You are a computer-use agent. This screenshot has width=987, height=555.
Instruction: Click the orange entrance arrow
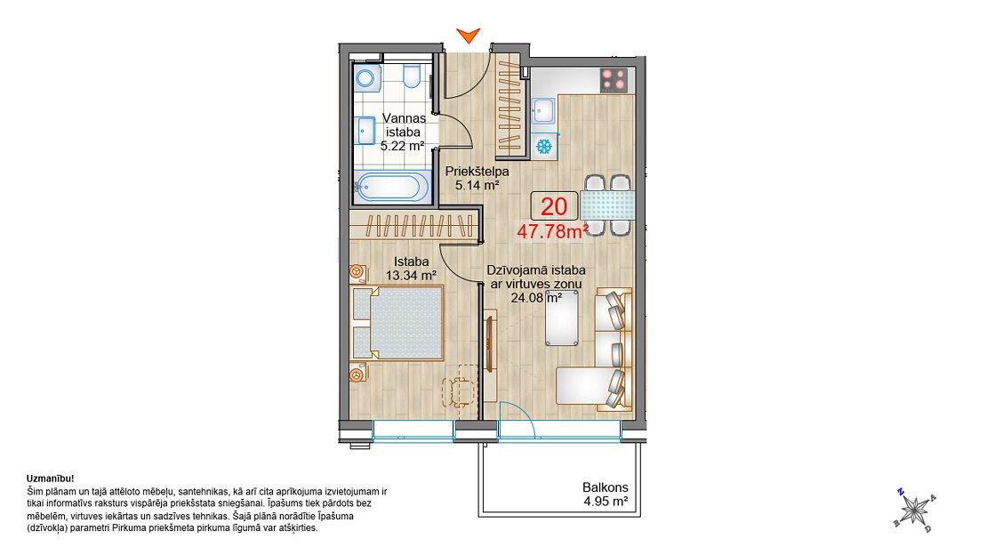point(469,35)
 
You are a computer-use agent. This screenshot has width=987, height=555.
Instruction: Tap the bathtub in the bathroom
point(391,187)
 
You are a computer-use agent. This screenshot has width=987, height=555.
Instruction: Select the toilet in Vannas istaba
point(412,76)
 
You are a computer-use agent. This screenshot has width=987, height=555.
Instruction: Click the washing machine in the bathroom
point(366,78)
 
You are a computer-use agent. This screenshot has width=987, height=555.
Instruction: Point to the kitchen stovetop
point(614,80)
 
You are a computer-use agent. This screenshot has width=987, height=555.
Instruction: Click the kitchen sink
point(543,111)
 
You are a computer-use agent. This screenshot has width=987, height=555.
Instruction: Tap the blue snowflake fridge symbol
point(544,147)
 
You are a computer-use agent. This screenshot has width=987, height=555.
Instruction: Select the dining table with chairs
point(607,205)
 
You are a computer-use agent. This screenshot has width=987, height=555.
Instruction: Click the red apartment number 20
point(554,206)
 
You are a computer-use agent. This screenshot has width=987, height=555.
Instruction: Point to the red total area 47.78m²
point(553,231)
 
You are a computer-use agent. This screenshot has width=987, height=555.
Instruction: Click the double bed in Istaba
point(397,323)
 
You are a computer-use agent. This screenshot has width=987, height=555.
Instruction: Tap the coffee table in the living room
point(562,318)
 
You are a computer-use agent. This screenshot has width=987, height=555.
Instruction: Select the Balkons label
point(605,487)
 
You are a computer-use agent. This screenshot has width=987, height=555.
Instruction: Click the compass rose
point(915,510)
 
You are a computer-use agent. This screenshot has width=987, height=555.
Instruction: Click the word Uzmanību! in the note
point(51,479)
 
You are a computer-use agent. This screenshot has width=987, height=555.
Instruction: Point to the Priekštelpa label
point(477,172)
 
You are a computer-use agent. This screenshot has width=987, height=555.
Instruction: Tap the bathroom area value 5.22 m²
point(402,146)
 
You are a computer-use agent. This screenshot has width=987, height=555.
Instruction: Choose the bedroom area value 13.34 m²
point(411,276)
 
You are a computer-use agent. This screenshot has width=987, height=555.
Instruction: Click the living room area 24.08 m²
point(536,298)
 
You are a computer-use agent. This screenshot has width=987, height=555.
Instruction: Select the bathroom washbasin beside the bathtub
point(365,131)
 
